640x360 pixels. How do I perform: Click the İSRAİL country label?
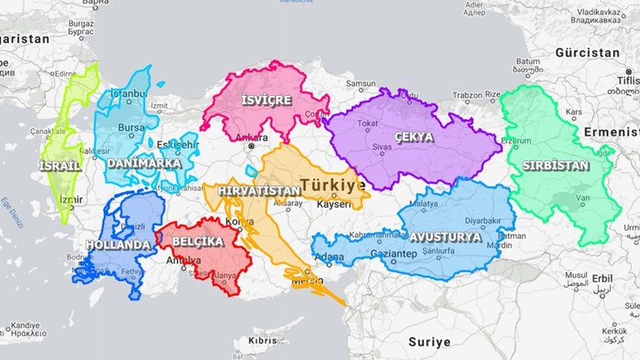pos(60,166)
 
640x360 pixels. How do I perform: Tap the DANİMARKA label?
pos(144,163)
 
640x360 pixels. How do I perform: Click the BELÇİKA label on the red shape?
pos(197,241)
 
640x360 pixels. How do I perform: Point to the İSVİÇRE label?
pos(266,101)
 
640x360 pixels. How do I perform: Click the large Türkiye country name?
pos(333,185)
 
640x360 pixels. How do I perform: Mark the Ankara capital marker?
pos(252,147)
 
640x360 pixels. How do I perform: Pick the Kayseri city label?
pos(334,203)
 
